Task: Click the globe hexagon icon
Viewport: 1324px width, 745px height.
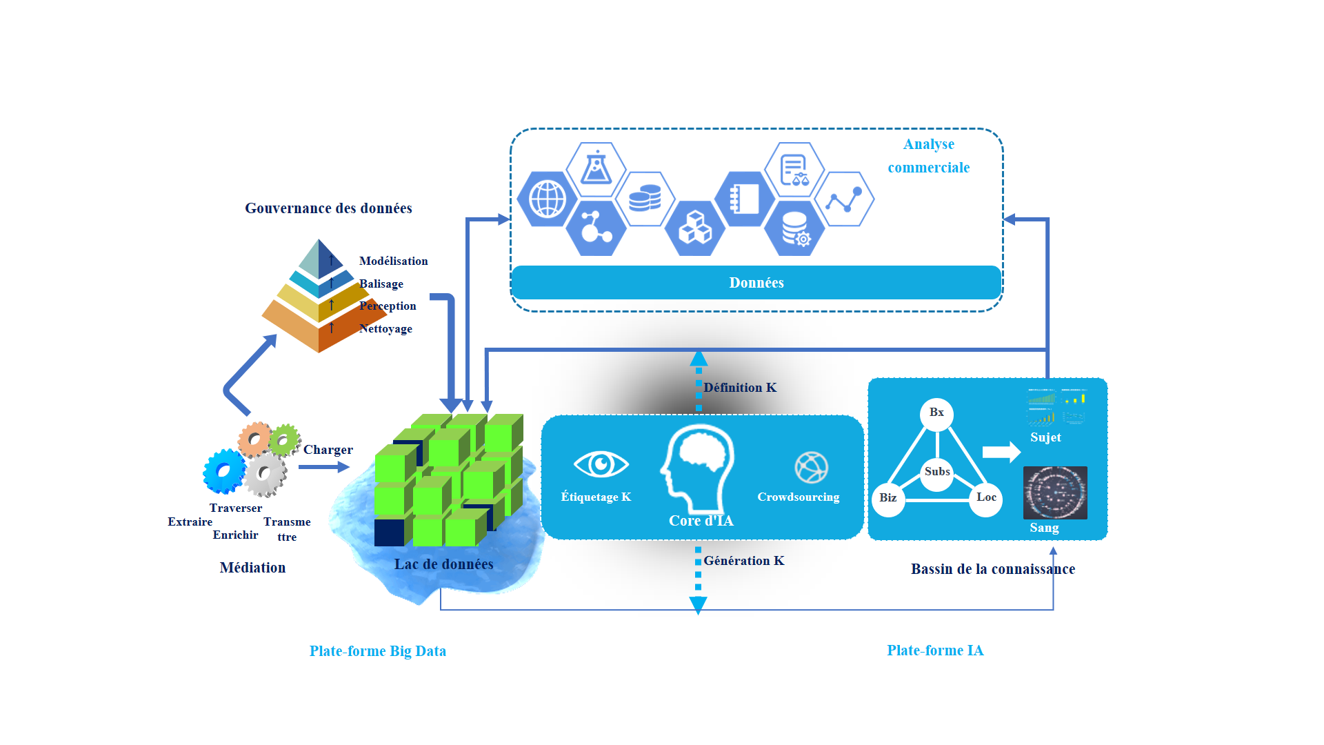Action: [x=548, y=199]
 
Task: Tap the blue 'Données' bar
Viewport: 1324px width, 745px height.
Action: [x=756, y=283]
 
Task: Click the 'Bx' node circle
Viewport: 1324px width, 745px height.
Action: [x=936, y=414]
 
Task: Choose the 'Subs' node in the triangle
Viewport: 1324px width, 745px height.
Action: [x=937, y=473]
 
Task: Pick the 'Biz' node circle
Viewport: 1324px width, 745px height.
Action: [x=888, y=499]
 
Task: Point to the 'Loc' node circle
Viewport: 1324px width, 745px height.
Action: [x=986, y=498]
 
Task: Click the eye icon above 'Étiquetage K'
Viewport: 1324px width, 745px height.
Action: [x=601, y=464]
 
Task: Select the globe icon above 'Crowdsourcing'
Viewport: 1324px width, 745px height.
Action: [x=811, y=468]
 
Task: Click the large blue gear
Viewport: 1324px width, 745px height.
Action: [x=224, y=471]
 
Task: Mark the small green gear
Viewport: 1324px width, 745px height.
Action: [x=284, y=439]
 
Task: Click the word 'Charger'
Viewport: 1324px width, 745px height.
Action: [x=328, y=450]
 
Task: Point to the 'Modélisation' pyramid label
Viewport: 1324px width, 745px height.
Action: [x=393, y=261]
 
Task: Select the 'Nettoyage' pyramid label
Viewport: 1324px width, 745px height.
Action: [x=385, y=329]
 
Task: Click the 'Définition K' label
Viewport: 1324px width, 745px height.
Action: [x=740, y=388]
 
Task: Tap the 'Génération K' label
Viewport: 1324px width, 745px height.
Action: [x=744, y=561]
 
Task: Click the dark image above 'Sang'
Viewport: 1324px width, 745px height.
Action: [x=1055, y=493]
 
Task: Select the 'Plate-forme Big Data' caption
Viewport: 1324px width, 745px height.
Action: [x=378, y=651]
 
